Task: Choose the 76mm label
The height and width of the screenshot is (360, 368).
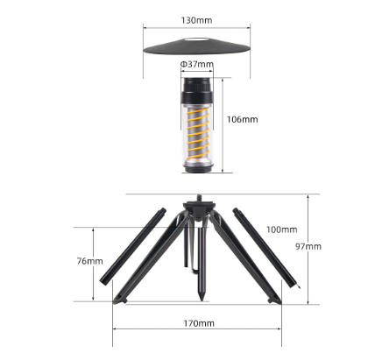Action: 89,261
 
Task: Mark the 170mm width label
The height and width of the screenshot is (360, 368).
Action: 200,323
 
